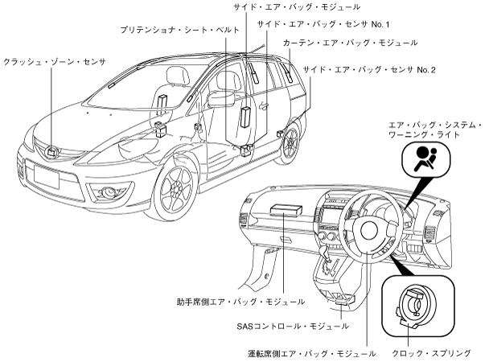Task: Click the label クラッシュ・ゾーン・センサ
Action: point(54,61)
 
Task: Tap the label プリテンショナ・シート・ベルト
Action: point(164,29)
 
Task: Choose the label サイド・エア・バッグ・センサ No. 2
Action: point(369,71)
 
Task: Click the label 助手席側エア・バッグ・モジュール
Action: point(240,302)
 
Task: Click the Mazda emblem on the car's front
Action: point(51,150)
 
